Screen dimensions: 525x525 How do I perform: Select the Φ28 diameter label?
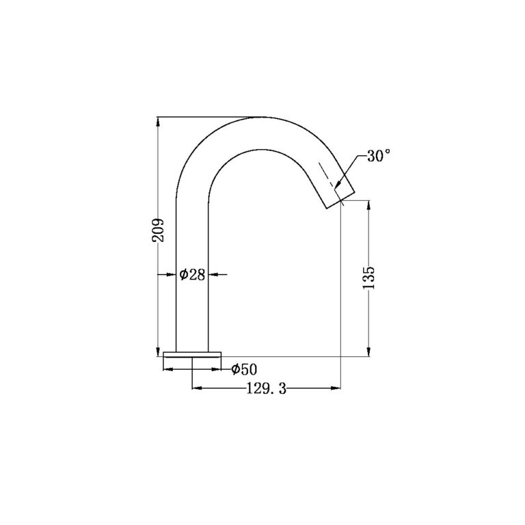(x=193, y=275)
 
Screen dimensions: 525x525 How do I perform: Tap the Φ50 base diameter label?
(x=243, y=370)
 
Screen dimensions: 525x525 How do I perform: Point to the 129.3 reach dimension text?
(x=266, y=389)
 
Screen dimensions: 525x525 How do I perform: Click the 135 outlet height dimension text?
(x=369, y=278)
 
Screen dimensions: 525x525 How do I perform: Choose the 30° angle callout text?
(x=379, y=156)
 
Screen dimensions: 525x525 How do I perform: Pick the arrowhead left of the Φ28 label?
(x=172, y=275)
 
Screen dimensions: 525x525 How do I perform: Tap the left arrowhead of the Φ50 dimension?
(x=167, y=370)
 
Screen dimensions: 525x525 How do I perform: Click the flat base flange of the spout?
(x=193, y=354)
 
